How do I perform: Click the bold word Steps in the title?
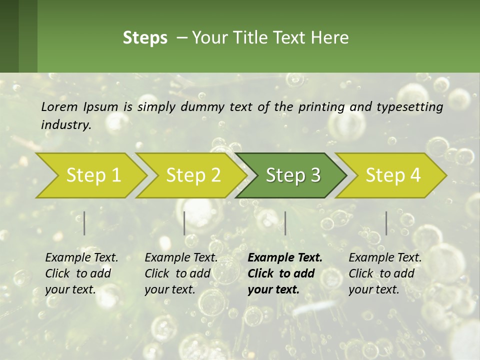click(x=145, y=38)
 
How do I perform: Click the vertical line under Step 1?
click(x=84, y=223)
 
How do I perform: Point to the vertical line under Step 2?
click(x=184, y=223)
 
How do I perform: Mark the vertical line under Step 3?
click(x=285, y=223)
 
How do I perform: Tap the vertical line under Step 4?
click(x=386, y=223)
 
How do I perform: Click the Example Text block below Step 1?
click(x=81, y=273)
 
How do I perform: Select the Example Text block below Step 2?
click(x=181, y=273)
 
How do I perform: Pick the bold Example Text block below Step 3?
click(x=285, y=273)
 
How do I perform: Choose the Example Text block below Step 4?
click(x=385, y=273)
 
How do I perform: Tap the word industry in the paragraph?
click(x=66, y=125)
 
